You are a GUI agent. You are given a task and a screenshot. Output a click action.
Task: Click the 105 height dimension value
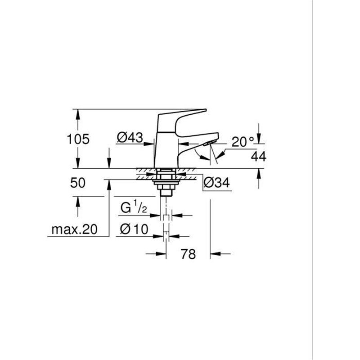79,139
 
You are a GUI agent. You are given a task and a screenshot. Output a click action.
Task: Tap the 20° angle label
243,142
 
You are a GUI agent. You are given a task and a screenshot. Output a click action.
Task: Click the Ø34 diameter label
217,182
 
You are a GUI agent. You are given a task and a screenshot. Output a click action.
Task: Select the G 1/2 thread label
134,209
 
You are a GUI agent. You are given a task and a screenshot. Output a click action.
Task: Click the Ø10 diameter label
134,229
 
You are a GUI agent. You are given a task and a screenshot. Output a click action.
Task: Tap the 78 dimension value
188,254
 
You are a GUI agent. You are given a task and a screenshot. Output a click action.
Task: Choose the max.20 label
74,229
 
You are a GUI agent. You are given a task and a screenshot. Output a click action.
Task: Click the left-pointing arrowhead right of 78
215,254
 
